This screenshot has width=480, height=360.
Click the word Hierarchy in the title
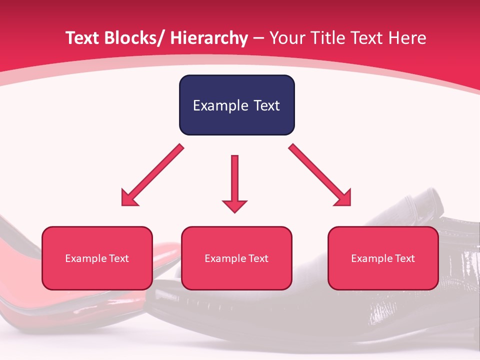coord(208,38)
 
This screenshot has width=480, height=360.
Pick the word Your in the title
coord(286,38)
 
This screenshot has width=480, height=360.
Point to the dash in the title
coord(258,39)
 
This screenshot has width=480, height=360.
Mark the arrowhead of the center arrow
coord(234,205)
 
